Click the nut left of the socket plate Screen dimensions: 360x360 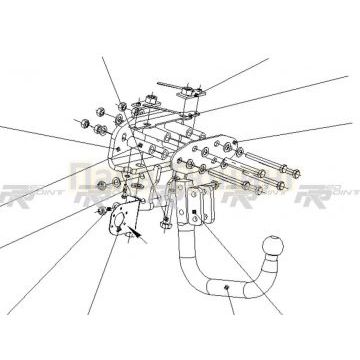click(101, 212)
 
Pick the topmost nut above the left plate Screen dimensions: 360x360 click(119, 101)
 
